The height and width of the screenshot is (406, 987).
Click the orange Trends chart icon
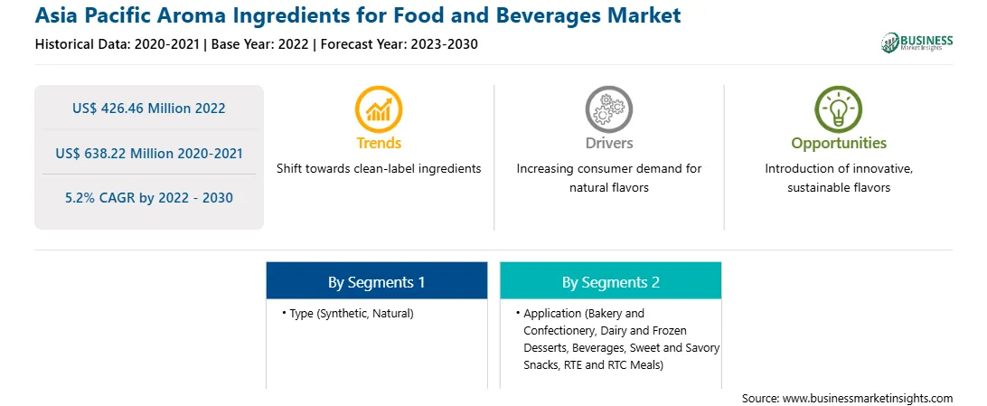point(379,109)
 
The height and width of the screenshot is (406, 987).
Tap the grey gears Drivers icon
point(608,109)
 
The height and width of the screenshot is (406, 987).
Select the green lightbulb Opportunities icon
point(839,109)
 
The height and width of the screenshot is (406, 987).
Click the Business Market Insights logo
point(916,42)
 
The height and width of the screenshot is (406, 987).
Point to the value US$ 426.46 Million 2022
point(148,109)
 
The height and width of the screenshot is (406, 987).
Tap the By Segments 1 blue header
point(376,280)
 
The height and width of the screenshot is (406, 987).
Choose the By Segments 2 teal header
point(611,280)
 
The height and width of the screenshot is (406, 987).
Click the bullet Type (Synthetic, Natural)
point(348,314)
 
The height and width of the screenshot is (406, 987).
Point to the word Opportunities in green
point(839,144)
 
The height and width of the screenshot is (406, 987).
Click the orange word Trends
point(379,143)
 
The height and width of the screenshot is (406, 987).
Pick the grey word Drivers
point(608,143)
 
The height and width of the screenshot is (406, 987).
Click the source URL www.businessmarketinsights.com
point(868,398)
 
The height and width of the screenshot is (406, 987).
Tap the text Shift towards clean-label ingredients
point(379,169)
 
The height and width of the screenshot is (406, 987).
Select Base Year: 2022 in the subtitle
point(260,44)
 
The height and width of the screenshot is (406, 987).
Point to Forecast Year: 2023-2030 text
point(397,44)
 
